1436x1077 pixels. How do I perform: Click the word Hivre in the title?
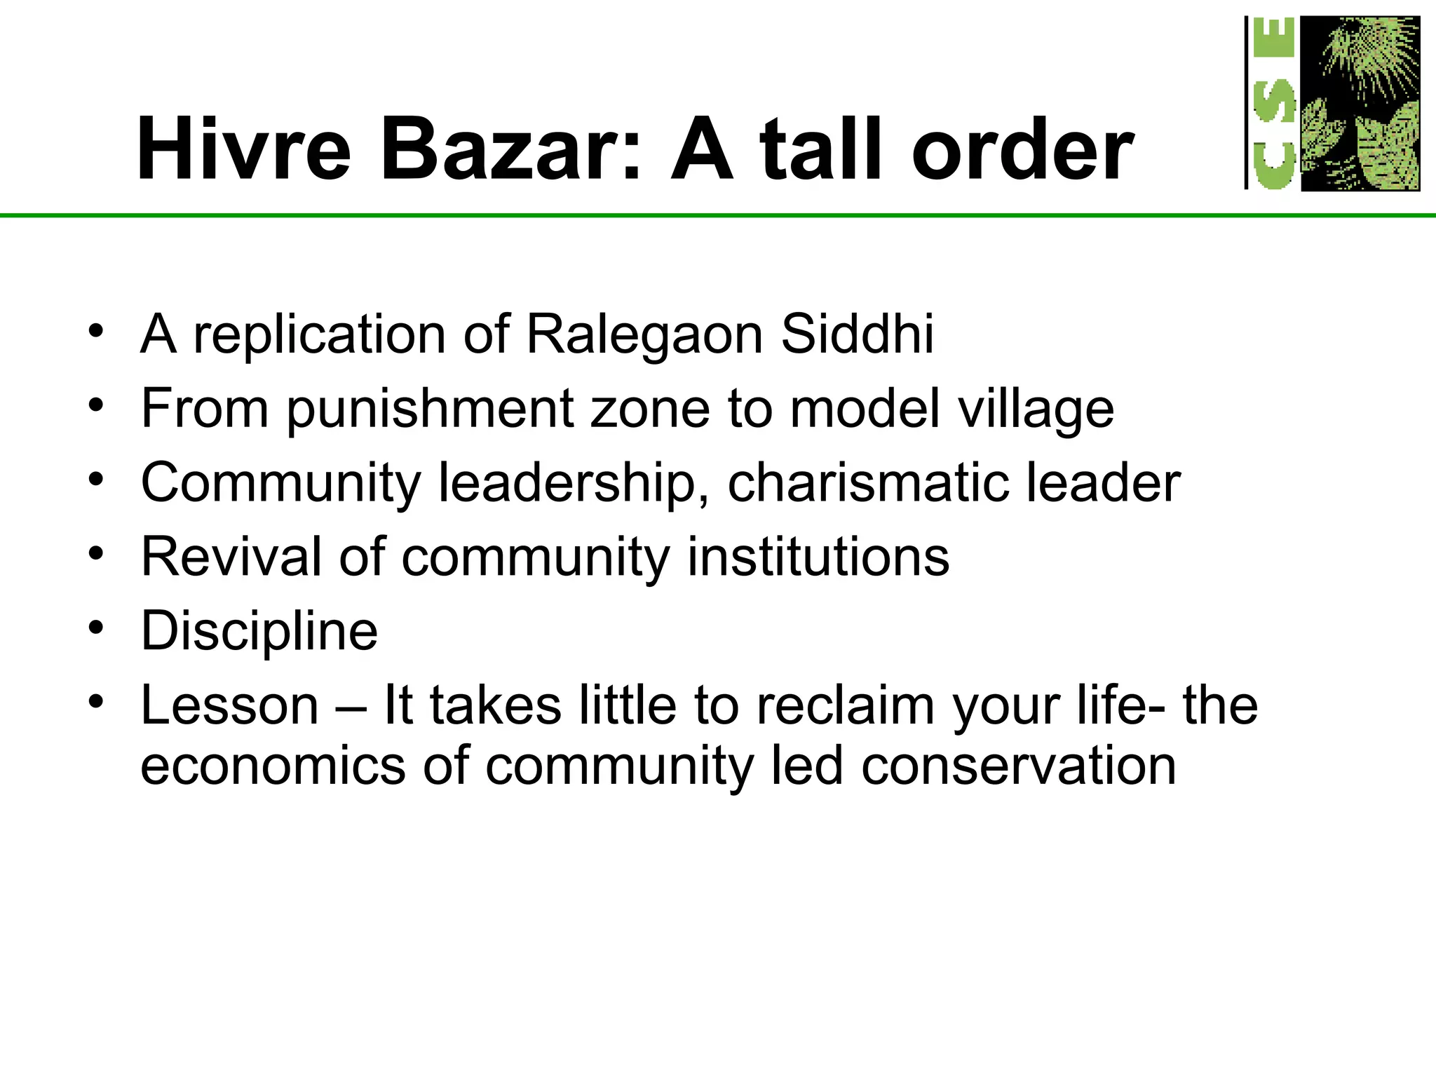click(x=243, y=149)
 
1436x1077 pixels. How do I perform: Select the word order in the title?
click(x=1022, y=149)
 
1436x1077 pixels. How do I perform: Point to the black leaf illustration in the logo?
click(x=1360, y=104)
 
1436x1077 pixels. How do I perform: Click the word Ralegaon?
click(x=644, y=334)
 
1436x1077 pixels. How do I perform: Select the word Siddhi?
click(x=857, y=334)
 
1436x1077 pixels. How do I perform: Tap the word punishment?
click(x=429, y=409)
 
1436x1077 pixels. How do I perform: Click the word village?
click(x=1036, y=409)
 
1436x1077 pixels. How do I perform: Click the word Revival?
click(x=231, y=557)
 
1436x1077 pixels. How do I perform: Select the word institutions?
click(x=818, y=557)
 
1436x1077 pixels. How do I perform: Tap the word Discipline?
click(x=259, y=632)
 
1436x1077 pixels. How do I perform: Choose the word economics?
click(x=273, y=766)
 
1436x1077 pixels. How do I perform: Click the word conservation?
click(x=1018, y=766)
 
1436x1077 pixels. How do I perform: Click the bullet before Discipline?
click(x=96, y=627)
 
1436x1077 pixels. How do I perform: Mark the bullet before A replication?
click(x=96, y=330)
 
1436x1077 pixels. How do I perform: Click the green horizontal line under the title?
click(x=701, y=215)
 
